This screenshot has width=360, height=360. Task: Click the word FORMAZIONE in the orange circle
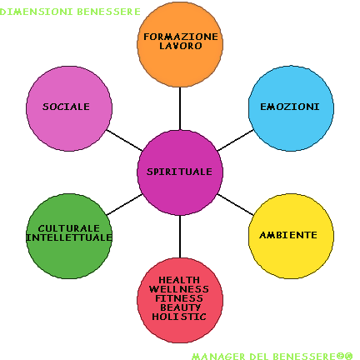181,37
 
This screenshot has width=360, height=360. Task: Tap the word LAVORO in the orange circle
181,46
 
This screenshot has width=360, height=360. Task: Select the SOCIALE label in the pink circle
66,107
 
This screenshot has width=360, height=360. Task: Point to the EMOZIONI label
290,107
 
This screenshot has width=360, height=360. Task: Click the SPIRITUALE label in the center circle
179,172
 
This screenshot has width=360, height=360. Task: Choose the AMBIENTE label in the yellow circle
288,235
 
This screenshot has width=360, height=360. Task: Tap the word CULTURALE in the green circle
69,228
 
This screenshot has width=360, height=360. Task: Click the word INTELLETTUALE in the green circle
69,237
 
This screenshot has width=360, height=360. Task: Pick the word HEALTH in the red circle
179,280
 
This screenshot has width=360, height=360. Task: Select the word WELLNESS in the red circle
179,289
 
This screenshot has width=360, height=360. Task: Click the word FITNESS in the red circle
179,298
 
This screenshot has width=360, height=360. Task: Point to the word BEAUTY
180,307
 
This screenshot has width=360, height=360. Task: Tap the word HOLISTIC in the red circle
179,317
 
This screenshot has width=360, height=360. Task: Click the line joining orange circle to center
180,108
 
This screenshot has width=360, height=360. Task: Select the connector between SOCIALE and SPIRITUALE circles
125,140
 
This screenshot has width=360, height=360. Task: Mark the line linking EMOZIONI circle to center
236,140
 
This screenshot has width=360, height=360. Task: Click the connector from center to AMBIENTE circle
236,205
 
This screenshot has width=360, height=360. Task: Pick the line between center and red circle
180,237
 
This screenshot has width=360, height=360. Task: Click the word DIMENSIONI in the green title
37,12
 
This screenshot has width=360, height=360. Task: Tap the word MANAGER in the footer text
218,357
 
